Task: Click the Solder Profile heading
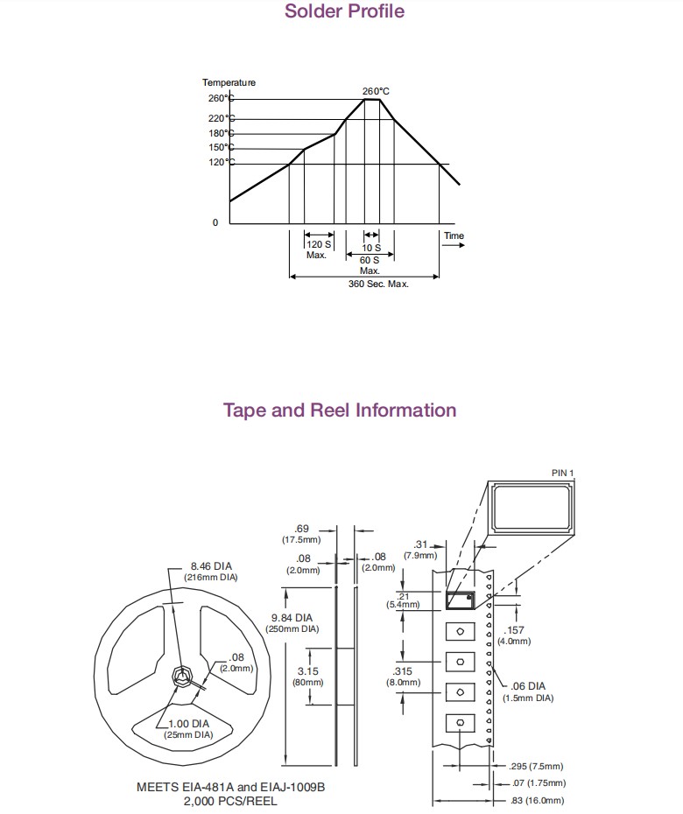pos(344,11)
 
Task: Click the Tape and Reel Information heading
pos(340,411)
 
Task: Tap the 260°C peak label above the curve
pos(376,91)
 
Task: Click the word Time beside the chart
pos(454,235)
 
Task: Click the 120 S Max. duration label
pos(317,249)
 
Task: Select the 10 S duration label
pos(371,248)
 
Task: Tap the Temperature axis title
pos(229,82)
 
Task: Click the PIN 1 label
pos(562,473)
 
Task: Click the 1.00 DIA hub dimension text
pos(188,729)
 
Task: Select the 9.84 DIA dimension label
pos(294,622)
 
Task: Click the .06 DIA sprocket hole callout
pos(528,691)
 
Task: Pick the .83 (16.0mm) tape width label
pos(537,801)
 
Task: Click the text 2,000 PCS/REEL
pos(229,801)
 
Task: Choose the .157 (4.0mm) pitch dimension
pos(517,635)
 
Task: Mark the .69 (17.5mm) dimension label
pos(301,534)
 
